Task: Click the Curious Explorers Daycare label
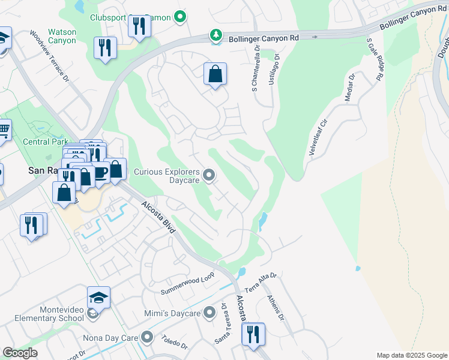coord(166,175)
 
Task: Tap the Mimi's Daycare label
coord(172,313)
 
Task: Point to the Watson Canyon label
coord(62,36)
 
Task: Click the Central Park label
coord(44,142)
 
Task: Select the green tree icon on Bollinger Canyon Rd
coord(215,37)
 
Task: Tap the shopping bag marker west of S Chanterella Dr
coord(215,75)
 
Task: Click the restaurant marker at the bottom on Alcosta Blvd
coord(253,333)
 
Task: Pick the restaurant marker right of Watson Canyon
coord(106,49)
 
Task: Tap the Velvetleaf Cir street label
coord(318,138)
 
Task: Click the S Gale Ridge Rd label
coord(375,61)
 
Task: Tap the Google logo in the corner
coord(20,353)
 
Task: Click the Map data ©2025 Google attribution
coord(412,355)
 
